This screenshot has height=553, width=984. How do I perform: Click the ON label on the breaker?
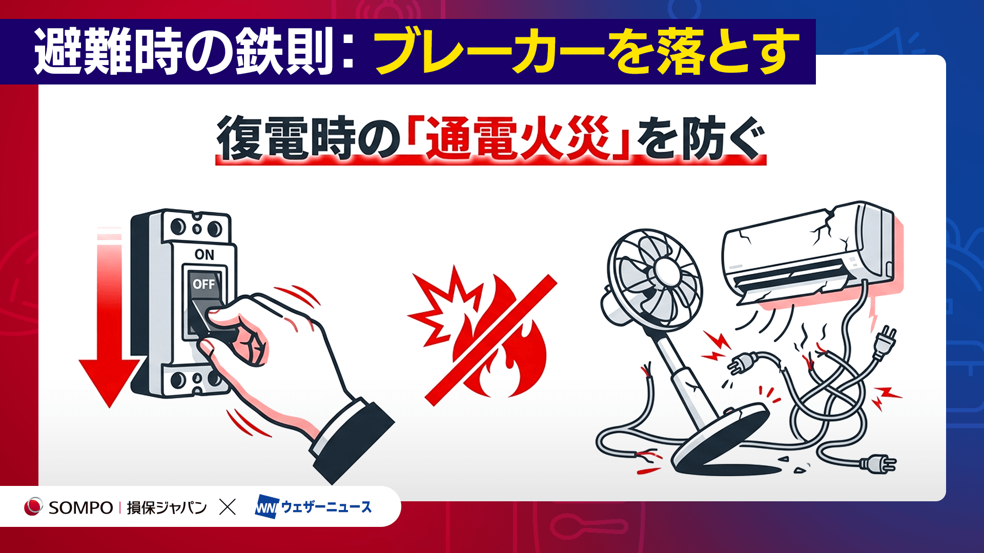click(x=204, y=254)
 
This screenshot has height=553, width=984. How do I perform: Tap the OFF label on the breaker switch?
click(x=203, y=284)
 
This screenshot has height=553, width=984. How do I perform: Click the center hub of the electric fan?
click(x=666, y=272)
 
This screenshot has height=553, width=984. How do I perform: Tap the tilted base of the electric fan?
click(x=723, y=436)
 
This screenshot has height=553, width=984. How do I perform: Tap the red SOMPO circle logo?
click(x=33, y=506)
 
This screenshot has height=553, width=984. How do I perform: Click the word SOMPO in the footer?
click(x=80, y=507)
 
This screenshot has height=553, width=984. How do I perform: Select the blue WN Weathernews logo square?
click(x=267, y=506)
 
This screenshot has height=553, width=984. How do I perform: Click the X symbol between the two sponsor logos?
click(x=228, y=507)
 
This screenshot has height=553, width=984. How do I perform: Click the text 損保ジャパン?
click(x=167, y=507)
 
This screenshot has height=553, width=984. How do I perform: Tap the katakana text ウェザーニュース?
click(x=326, y=507)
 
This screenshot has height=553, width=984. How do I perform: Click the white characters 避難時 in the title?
click(x=108, y=52)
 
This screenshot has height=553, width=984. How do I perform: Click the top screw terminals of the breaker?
click(x=196, y=227)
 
